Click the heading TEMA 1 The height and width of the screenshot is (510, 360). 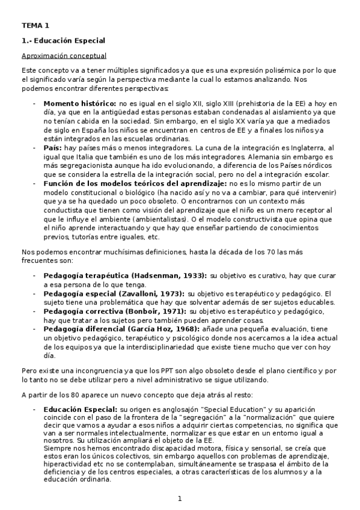point(35,25)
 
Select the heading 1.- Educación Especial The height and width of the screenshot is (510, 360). point(63,41)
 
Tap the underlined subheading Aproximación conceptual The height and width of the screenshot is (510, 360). point(64,56)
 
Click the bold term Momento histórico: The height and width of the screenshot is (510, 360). point(80,103)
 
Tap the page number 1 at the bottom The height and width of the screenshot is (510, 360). point(179,499)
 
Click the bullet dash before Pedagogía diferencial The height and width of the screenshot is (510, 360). point(34,330)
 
